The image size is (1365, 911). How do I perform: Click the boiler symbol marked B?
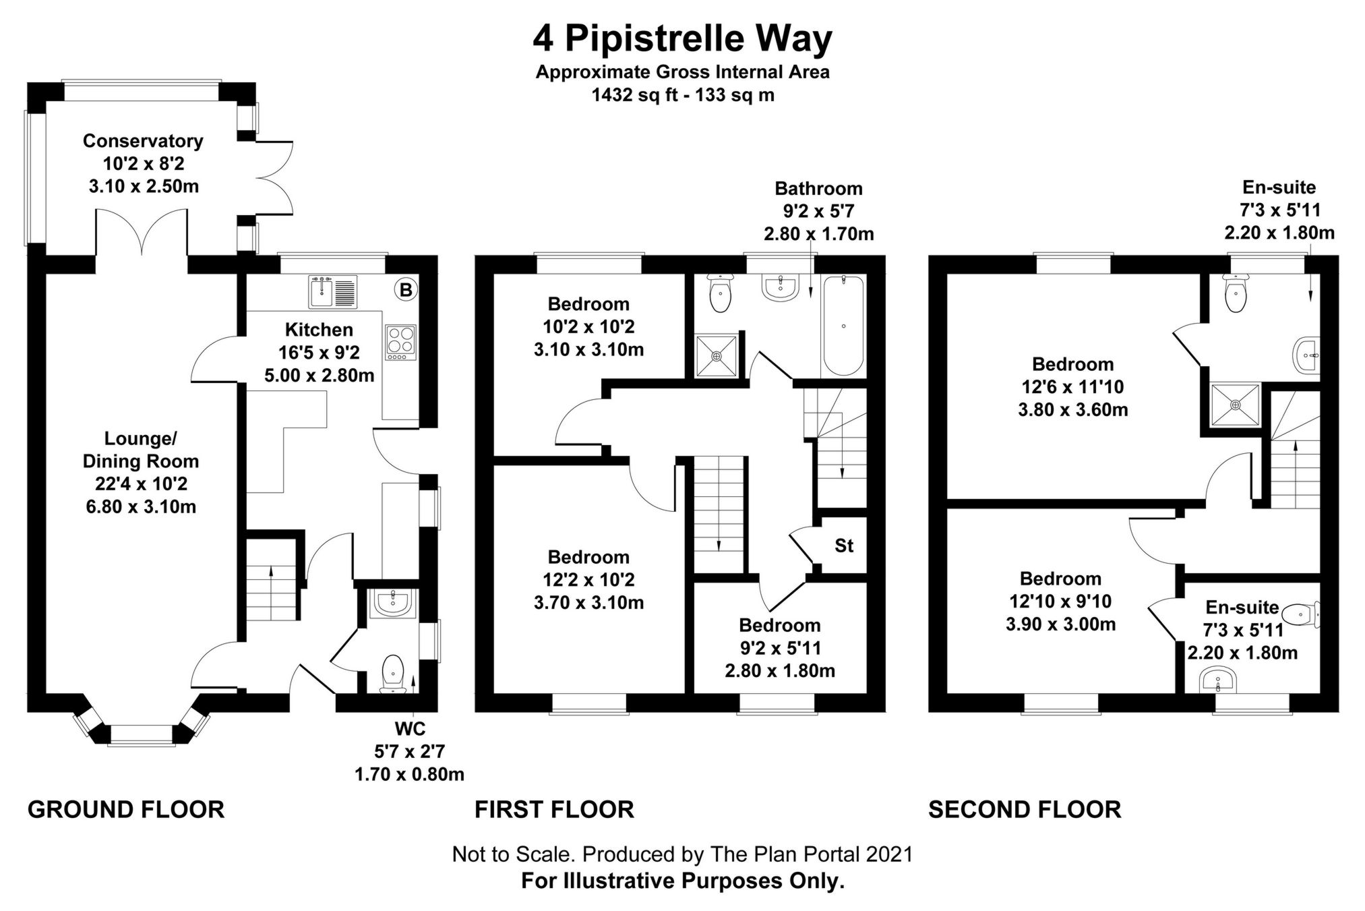click(x=406, y=291)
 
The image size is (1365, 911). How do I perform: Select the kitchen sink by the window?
click(x=334, y=293)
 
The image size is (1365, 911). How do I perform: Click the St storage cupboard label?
click(x=844, y=546)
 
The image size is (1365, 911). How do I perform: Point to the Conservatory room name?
click(x=143, y=141)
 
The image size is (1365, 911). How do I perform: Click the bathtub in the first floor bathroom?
click(x=843, y=327)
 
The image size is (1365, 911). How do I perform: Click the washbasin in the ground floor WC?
click(x=392, y=604)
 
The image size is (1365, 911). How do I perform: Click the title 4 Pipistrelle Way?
click(x=682, y=38)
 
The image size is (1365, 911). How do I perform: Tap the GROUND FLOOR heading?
click(x=126, y=809)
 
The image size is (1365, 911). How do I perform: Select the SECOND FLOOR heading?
click(x=1025, y=809)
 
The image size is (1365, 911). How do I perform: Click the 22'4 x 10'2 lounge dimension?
click(x=141, y=483)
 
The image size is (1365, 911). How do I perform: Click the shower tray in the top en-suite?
click(x=1235, y=405)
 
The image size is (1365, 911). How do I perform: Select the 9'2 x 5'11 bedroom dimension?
click(x=780, y=648)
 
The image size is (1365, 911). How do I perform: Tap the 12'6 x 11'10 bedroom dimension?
click(x=1072, y=387)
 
